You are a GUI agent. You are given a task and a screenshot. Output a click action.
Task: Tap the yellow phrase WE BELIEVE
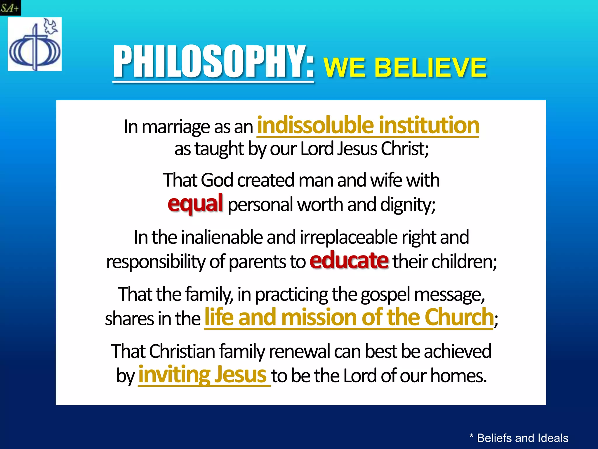[x=405, y=68]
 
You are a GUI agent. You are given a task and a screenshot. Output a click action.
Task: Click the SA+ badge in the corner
[x=10, y=8]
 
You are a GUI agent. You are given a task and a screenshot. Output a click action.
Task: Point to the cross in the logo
[x=35, y=47]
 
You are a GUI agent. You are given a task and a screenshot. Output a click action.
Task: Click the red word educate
[x=349, y=260]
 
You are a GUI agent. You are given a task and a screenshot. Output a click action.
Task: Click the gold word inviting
[x=174, y=375]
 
